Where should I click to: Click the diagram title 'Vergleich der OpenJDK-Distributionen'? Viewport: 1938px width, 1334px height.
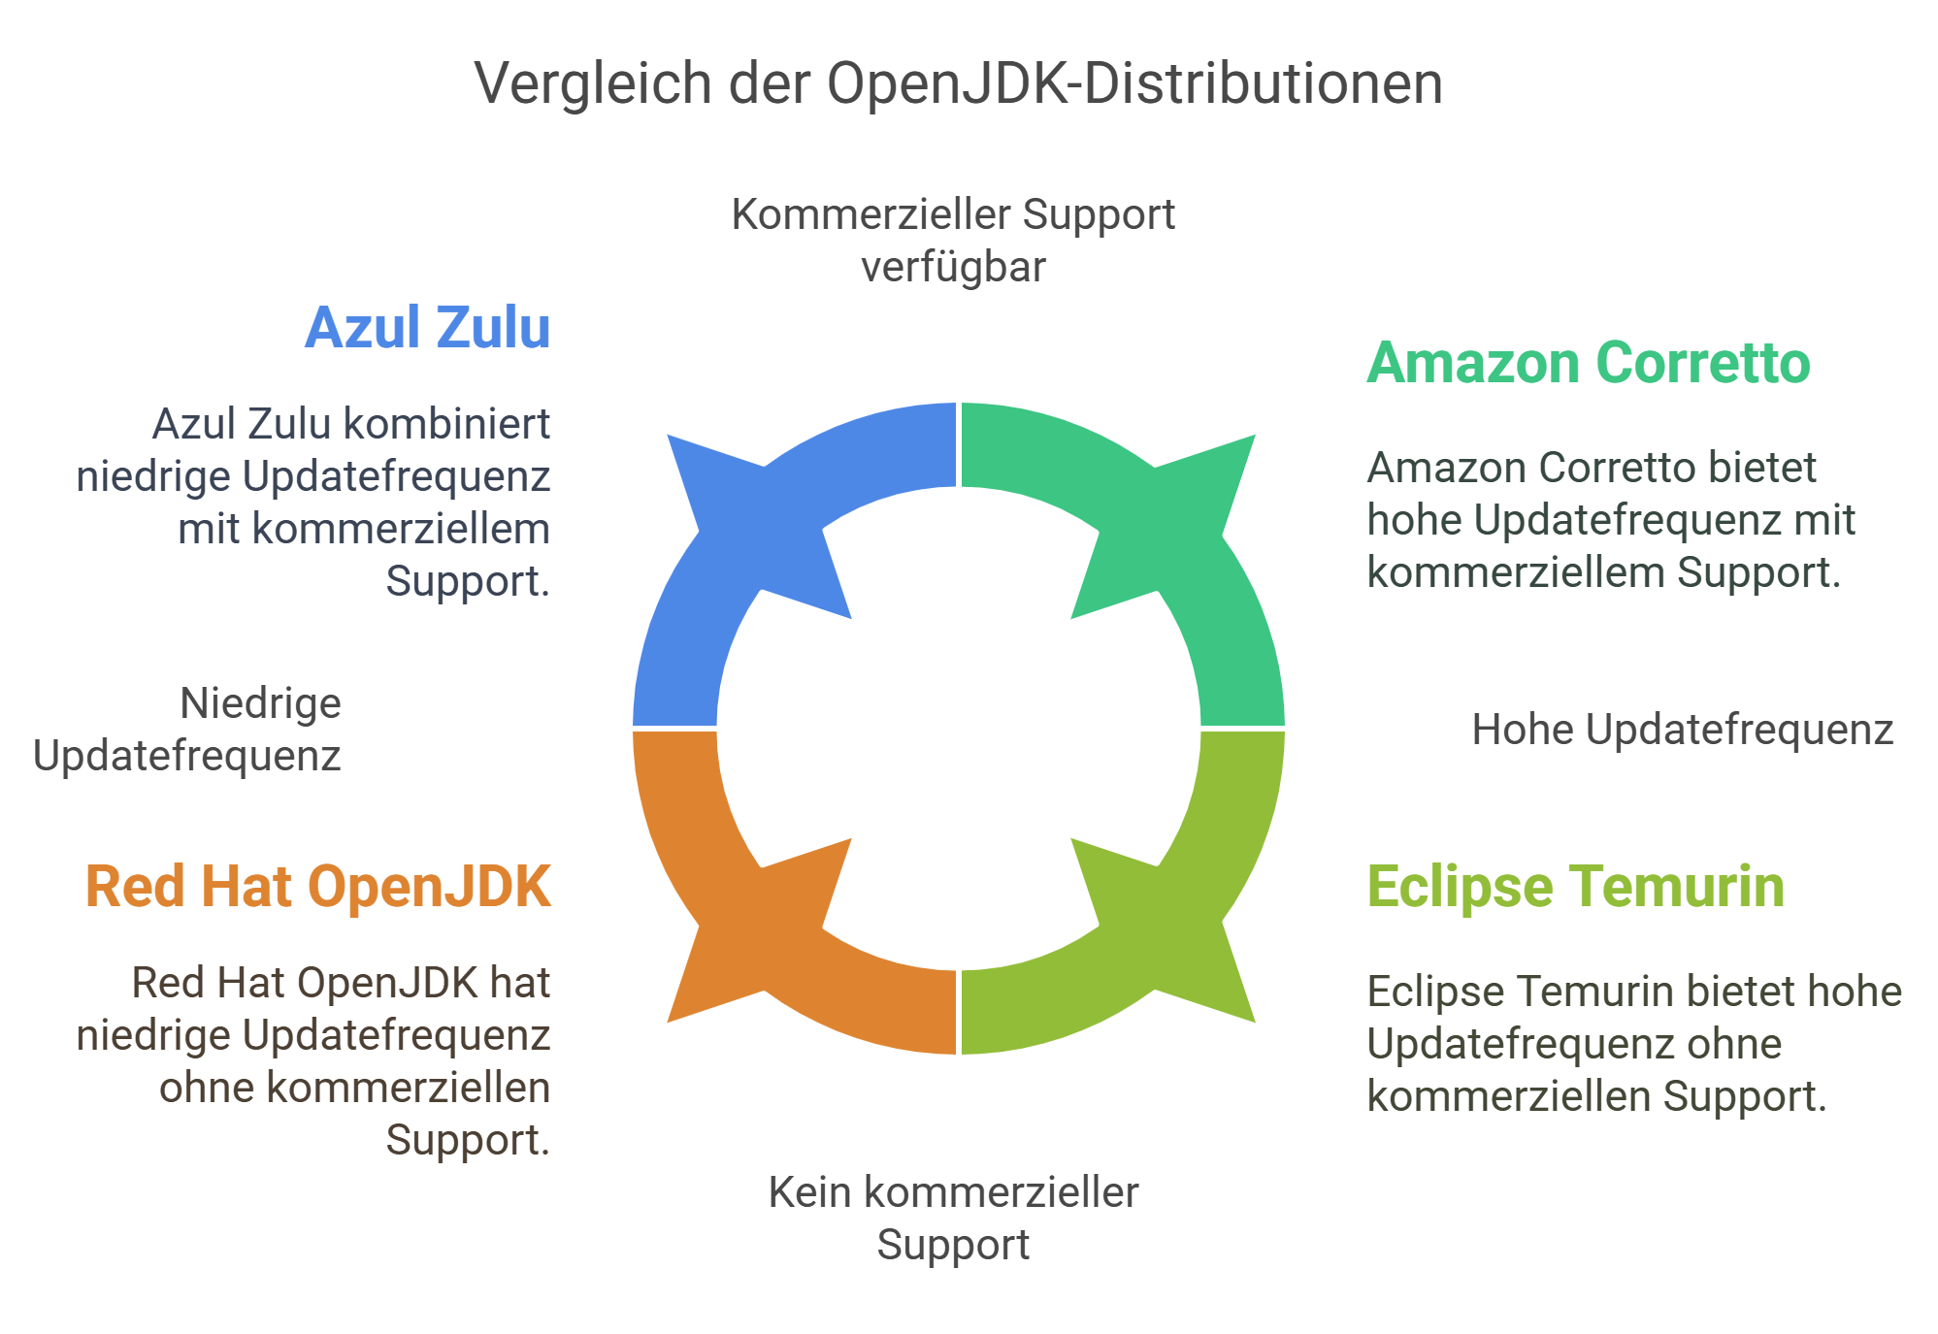[958, 83]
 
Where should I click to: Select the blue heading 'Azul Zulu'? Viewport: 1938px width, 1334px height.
[428, 328]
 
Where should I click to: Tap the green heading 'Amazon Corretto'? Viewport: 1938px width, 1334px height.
[1589, 364]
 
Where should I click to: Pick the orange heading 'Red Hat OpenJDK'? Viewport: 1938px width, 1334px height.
[318, 887]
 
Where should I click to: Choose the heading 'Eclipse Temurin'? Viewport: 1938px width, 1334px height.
[1575, 887]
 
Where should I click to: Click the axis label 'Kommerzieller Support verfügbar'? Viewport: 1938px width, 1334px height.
[953, 241]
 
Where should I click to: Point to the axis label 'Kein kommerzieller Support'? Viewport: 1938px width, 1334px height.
[953, 1219]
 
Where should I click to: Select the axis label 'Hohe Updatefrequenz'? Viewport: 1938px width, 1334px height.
[1682, 730]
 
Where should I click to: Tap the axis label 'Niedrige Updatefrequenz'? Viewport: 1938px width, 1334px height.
[187, 730]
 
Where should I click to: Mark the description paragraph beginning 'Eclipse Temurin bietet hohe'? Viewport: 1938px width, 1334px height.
[1633, 1044]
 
